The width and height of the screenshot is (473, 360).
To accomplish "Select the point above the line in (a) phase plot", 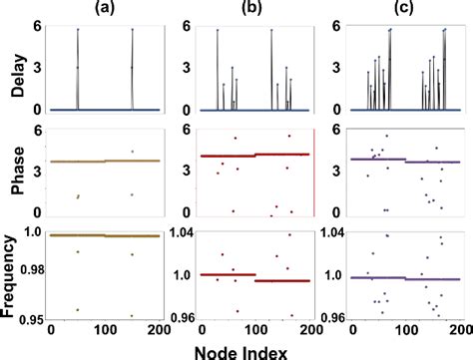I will tap(132, 152).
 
